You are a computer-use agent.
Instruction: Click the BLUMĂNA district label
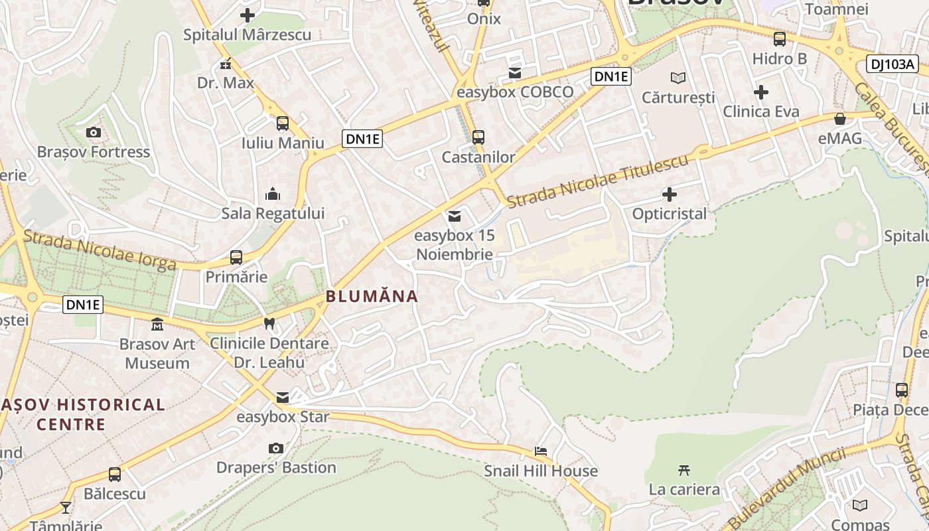(372, 296)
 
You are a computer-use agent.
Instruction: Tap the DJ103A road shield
(892, 64)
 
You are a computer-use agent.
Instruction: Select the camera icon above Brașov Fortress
(94, 132)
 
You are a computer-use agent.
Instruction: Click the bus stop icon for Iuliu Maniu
(283, 123)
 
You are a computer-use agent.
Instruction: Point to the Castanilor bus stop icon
(478, 137)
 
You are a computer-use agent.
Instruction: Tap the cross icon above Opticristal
(670, 194)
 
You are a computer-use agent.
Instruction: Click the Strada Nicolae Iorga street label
(100, 250)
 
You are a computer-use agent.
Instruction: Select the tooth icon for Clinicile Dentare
(269, 324)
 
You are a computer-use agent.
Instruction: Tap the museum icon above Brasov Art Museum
(157, 325)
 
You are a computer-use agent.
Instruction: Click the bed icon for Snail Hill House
(541, 451)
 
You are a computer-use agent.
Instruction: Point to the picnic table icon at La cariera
(684, 470)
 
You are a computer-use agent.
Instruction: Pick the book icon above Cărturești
(678, 78)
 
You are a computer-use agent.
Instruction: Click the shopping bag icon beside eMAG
(840, 119)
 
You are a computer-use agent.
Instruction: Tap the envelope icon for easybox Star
(283, 398)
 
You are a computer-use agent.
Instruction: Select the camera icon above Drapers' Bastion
(276, 448)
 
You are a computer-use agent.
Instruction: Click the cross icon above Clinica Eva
(761, 92)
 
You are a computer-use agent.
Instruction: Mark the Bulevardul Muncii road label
(788, 487)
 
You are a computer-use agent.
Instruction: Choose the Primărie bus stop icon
(236, 258)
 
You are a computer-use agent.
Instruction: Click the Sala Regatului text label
(273, 214)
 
